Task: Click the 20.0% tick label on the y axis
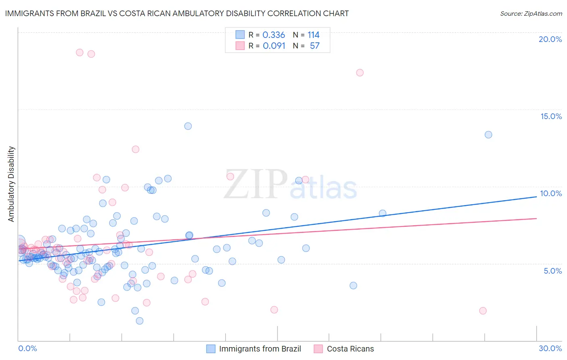pyautogui.click(x=550, y=39)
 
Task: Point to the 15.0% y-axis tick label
pyautogui.click(x=551, y=116)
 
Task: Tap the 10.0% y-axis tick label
pyautogui.click(x=551, y=193)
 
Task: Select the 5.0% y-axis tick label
pyautogui.click(x=552, y=271)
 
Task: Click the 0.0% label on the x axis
pyautogui.click(x=27, y=348)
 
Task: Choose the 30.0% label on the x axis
pyautogui.click(x=550, y=348)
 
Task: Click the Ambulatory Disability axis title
pyautogui.click(x=11, y=184)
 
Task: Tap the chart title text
pyautogui.click(x=177, y=13)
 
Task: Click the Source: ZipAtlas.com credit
pyautogui.click(x=531, y=13)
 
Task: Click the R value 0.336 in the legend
pyautogui.click(x=273, y=35)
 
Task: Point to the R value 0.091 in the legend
pyautogui.click(x=274, y=46)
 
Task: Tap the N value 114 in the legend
pyautogui.click(x=313, y=35)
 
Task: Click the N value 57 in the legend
pyautogui.click(x=315, y=46)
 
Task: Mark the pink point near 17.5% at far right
pyautogui.click(x=360, y=73)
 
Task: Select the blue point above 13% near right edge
pyautogui.click(x=488, y=135)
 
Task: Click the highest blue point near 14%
pyautogui.click(x=188, y=126)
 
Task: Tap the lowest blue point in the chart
pyautogui.click(x=140, y=321)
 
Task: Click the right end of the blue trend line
pyautogui.click(x=536, y=197)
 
